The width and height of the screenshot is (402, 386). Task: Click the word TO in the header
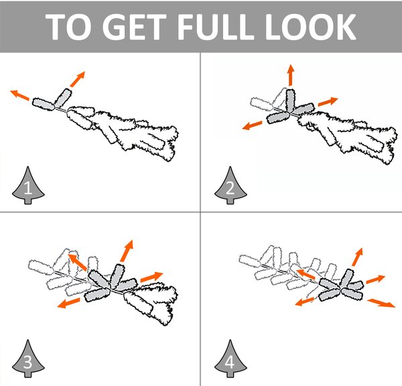68,26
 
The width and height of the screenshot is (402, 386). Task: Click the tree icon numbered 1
28,185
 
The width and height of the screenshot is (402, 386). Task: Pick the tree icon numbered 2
230,185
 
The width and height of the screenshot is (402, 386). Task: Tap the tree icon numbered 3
28,359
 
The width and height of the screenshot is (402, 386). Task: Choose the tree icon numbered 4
230,359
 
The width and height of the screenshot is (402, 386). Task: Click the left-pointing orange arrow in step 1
19,94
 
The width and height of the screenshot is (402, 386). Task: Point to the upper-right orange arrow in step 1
78,79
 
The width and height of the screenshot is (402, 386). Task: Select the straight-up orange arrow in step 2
291,75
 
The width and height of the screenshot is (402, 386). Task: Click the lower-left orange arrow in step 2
253,125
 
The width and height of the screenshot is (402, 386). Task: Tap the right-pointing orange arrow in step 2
328,101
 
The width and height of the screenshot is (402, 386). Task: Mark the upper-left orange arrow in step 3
78,262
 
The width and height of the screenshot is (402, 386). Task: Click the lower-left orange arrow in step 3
68,303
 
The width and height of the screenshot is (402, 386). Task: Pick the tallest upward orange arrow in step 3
127,251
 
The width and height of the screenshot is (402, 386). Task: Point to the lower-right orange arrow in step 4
381,303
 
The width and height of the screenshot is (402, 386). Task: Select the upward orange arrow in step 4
357,257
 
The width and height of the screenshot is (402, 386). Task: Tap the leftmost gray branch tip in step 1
44,104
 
